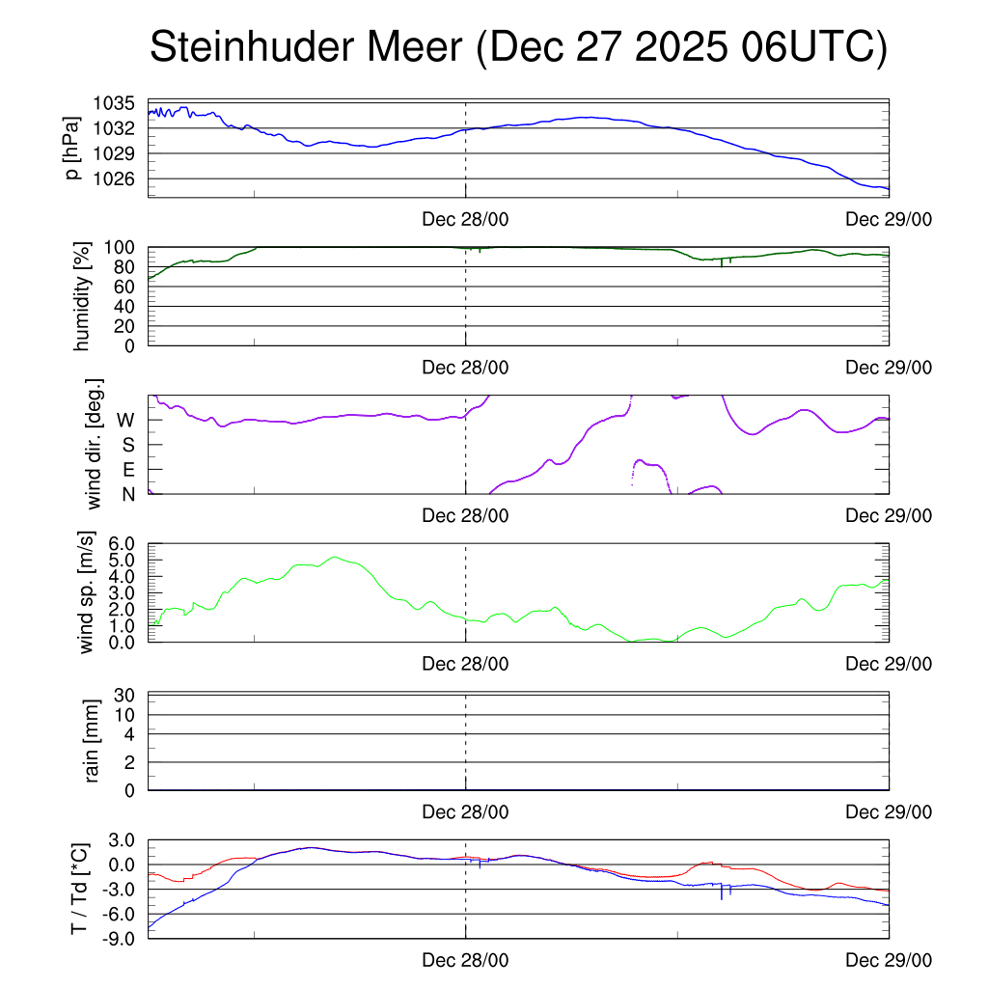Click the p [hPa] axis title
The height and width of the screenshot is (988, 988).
(x=72, y=148)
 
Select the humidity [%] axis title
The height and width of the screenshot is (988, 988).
(x=82, y=296)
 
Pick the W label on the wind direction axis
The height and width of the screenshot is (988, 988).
(x=125, y=420)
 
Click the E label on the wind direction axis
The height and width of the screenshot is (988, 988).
(x=127, y=470)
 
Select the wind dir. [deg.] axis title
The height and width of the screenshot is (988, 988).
(x=94, y=444)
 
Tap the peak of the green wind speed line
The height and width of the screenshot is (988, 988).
(x=335, y=557)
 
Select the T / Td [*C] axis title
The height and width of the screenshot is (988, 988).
(x=80, y=889)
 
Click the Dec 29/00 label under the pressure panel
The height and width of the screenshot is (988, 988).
(x=889, y=219)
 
